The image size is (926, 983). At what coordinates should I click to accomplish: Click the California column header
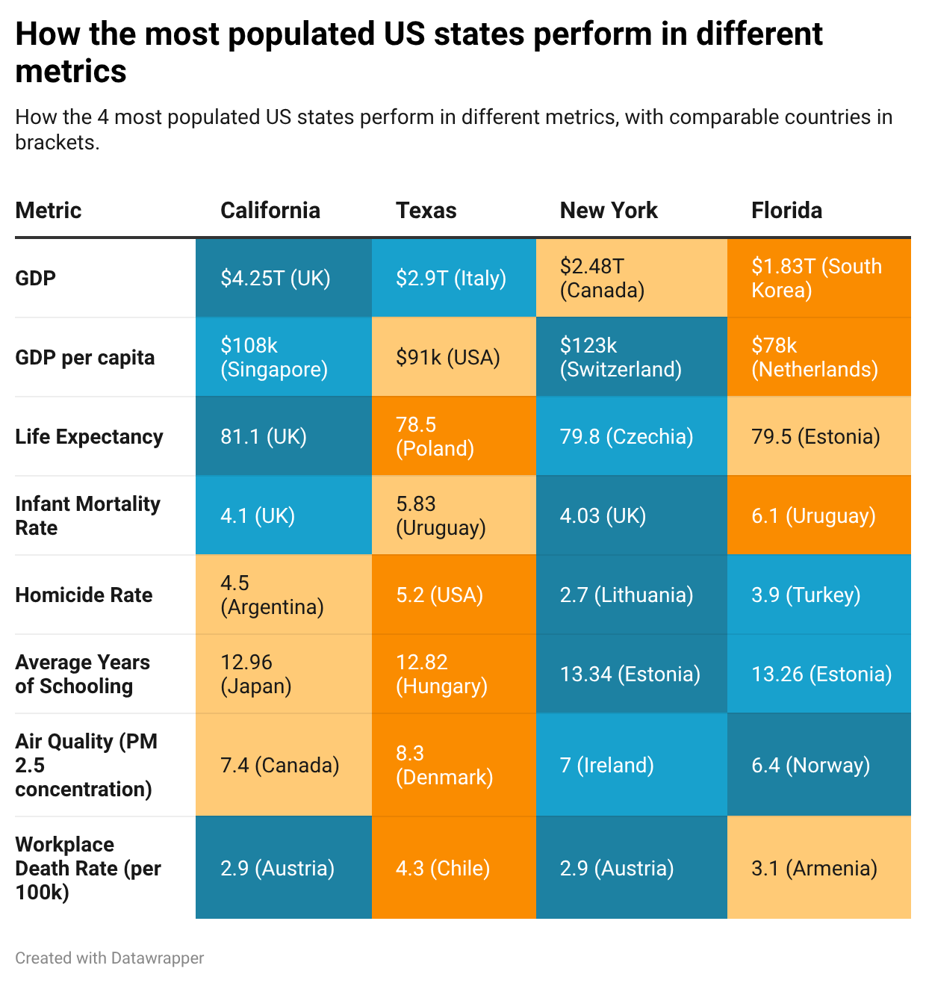[270, 211]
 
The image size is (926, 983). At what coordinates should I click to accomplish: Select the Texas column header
[426, 211]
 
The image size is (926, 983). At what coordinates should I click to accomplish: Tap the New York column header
[609, 211]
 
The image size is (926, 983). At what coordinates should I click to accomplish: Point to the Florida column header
[786, 211]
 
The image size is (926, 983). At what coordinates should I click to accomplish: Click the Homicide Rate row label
[84, 595]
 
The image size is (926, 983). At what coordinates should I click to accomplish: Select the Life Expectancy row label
[89, 437]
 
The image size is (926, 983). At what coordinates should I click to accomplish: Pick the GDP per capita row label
[84, 358]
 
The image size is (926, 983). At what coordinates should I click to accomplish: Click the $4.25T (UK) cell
[283, 279]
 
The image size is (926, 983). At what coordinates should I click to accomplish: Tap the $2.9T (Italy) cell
[453, 279]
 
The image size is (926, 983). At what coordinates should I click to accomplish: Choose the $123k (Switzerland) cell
[631, 358]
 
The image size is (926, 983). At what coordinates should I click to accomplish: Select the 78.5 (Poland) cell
[453, 437]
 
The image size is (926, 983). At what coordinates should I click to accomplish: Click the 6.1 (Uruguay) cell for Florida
[818, 516]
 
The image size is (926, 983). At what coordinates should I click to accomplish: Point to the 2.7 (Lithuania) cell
[631, 595]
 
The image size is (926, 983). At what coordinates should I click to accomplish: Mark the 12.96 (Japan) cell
[283, 675]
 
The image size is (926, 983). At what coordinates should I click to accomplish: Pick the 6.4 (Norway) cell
[818, 766]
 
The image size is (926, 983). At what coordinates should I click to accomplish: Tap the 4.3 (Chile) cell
[453, 869]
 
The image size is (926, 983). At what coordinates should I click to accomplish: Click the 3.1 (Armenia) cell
[818, 869]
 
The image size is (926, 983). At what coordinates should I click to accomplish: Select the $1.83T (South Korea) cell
[818, 279]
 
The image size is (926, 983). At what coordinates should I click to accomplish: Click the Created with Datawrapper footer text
[109, 958]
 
